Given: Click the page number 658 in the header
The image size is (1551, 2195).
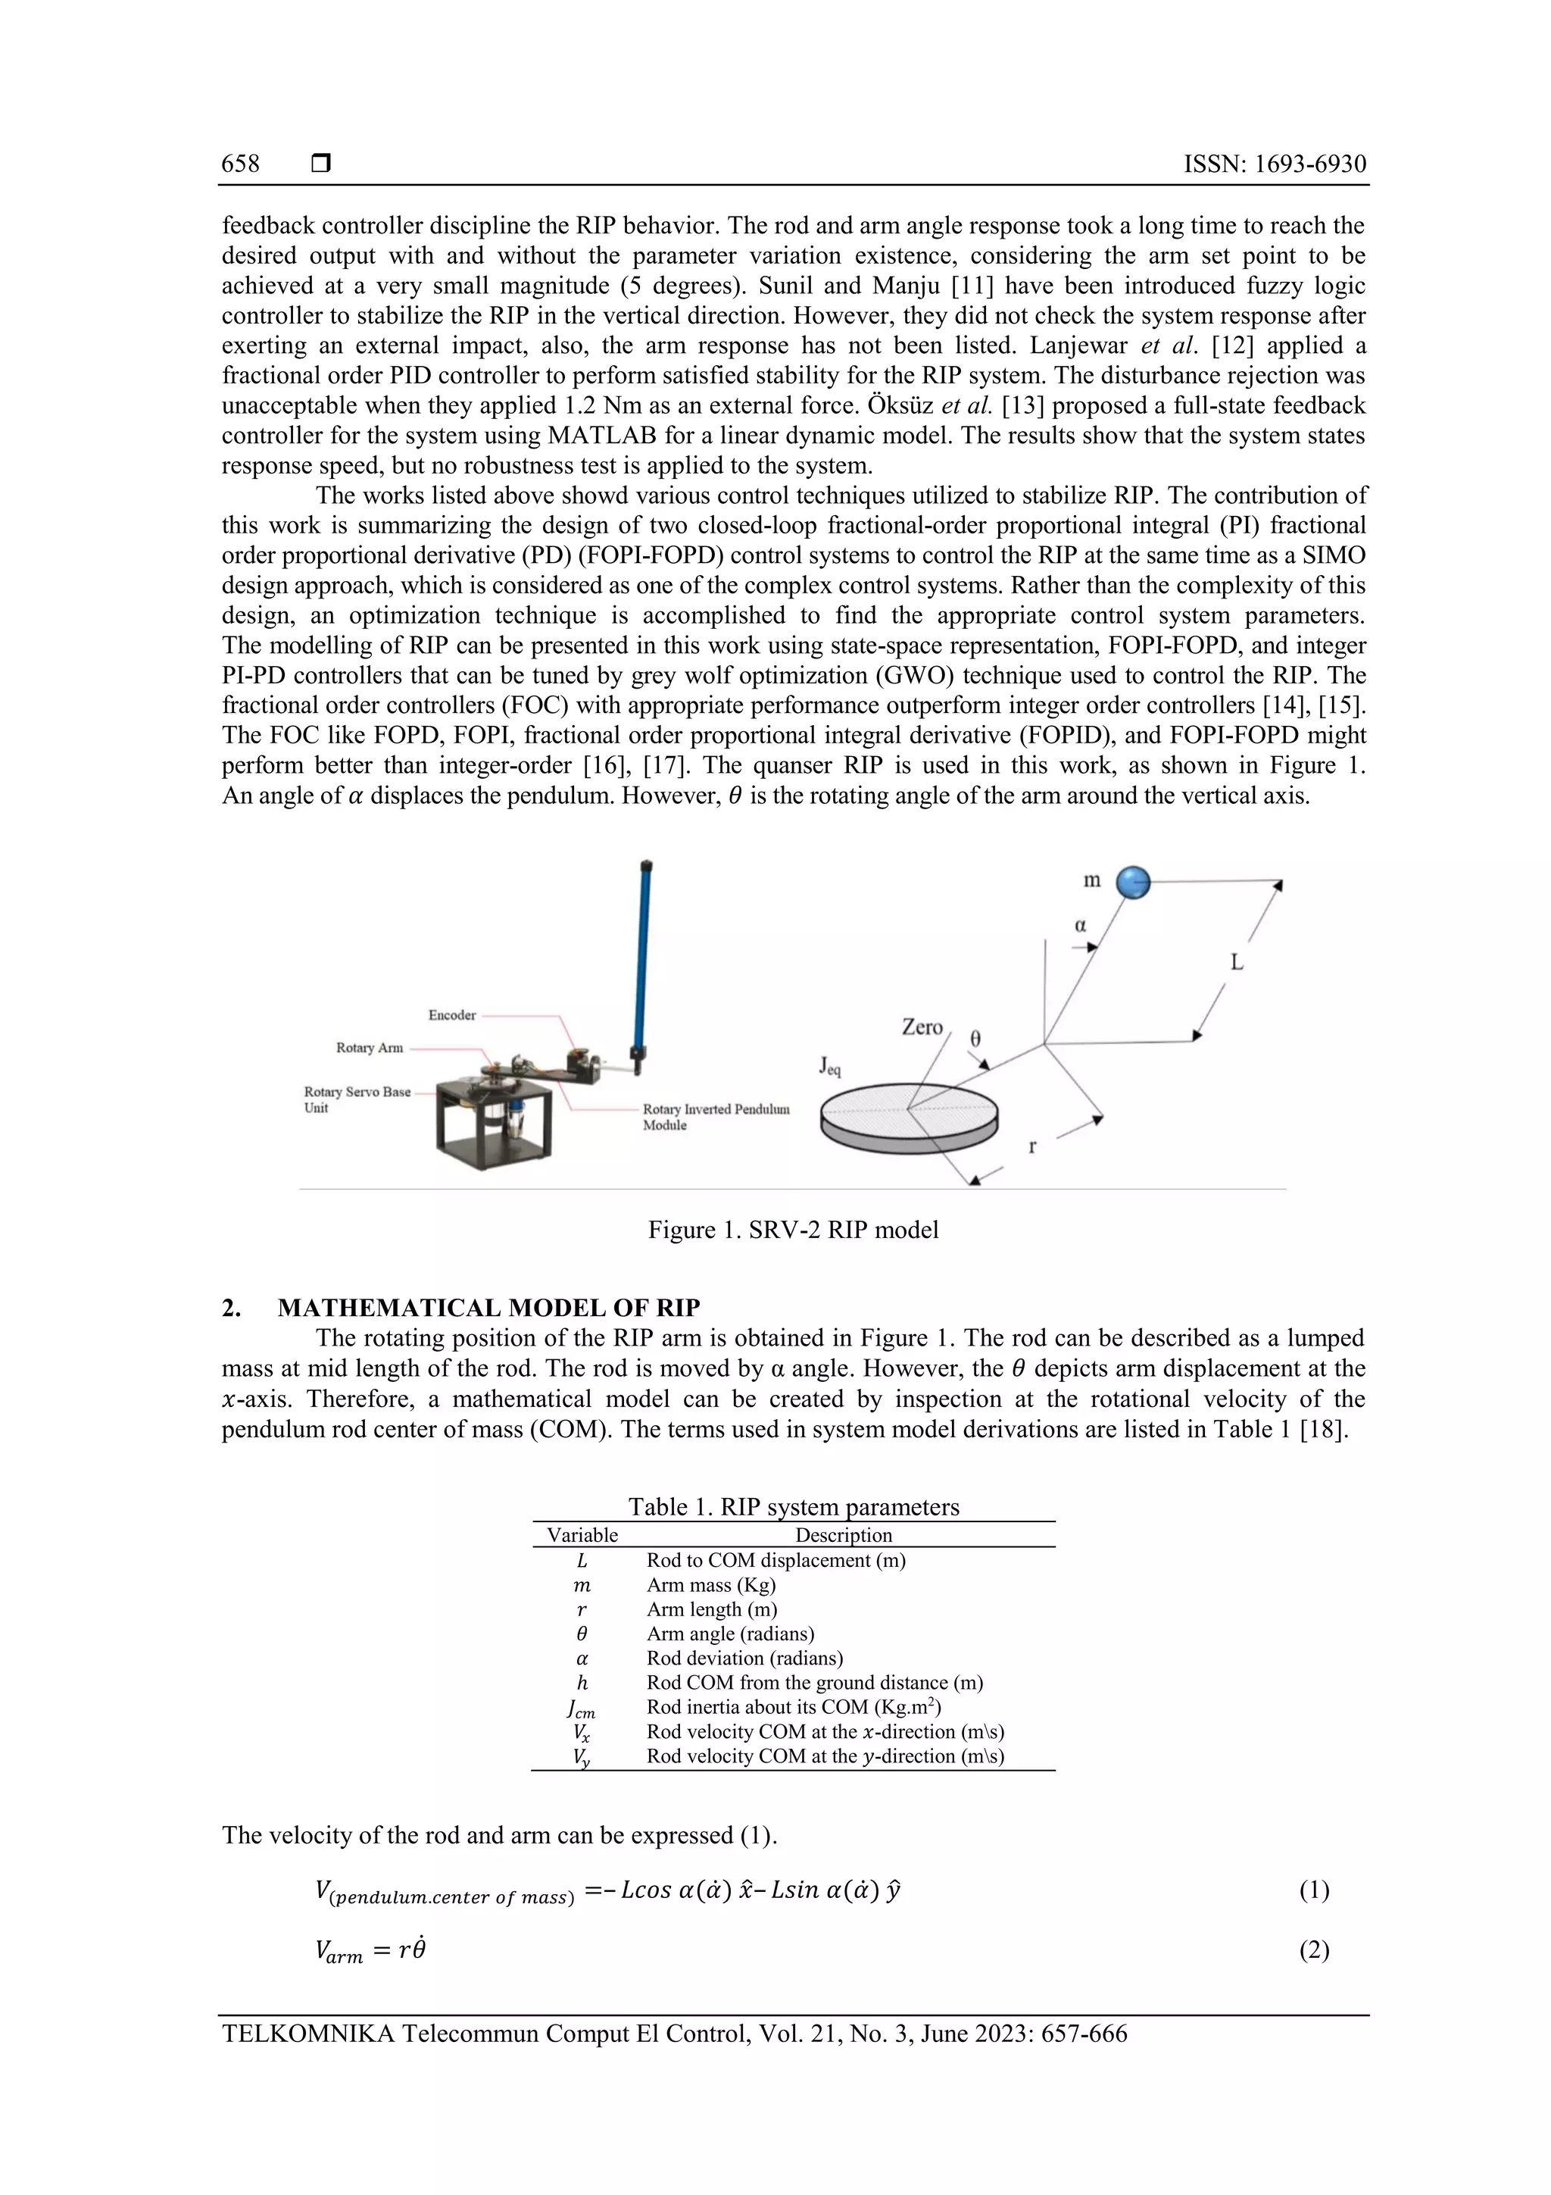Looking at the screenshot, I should coord(240,164).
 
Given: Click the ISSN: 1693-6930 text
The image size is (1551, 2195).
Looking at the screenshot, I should coord(1274,164).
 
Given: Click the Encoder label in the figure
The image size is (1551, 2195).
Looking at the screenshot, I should coord(451,1015).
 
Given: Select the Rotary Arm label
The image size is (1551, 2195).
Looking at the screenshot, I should coord(369,1048).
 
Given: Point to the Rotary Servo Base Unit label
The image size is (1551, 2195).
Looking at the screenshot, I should coord(357,1099).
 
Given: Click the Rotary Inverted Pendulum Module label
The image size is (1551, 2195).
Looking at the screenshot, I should coord(715,1117).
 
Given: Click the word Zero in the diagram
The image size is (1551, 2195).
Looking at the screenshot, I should coord(922,1027).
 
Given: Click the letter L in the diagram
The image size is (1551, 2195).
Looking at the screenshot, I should coord(1236,963).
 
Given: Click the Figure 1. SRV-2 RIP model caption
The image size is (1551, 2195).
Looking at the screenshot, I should coord(792,1230).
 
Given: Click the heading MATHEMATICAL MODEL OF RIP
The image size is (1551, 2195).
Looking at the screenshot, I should coord(488,1308).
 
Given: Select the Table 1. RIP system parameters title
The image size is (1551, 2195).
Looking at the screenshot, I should coord(793,1507).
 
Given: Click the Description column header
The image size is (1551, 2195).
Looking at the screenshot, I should coord(843,1535).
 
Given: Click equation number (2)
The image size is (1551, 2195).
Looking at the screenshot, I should coord(1313,1950).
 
